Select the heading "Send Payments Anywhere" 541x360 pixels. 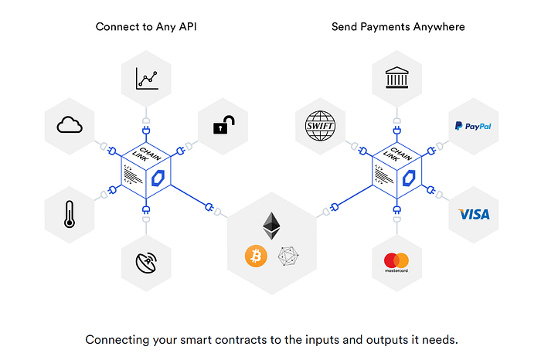coord(398,26)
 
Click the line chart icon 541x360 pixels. coord(146,78)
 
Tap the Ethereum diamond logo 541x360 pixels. coord(271,226)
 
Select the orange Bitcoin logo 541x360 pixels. coord(256,256)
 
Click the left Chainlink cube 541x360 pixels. coord(146,172)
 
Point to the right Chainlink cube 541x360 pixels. coord(398,172)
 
